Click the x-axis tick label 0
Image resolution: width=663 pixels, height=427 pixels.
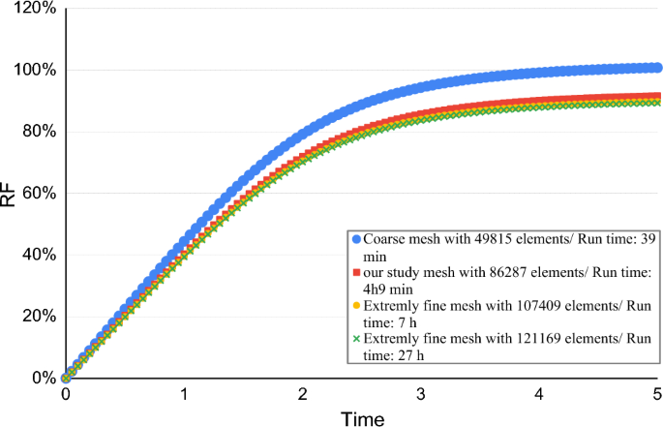tap(66, 395)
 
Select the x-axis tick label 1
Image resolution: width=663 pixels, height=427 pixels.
tap(184, 395)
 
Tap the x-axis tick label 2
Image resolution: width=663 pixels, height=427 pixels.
tap(303, 395)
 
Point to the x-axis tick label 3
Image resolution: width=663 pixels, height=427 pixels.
tap(421, 395)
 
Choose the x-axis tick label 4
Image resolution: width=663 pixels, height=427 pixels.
tap(540, 395)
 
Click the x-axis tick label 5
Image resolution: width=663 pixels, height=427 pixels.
tap(657, 395)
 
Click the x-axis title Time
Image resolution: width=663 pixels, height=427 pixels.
tap(361, 417)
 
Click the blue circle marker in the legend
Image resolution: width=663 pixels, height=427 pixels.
tap(356, 237)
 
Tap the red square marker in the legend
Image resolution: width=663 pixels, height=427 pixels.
tap(356, 271)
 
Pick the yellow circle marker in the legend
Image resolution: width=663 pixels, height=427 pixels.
tap(356, 305)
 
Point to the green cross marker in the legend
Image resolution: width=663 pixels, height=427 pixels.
tap(356, 339)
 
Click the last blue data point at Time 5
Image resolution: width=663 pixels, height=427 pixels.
tap(657, 68)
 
